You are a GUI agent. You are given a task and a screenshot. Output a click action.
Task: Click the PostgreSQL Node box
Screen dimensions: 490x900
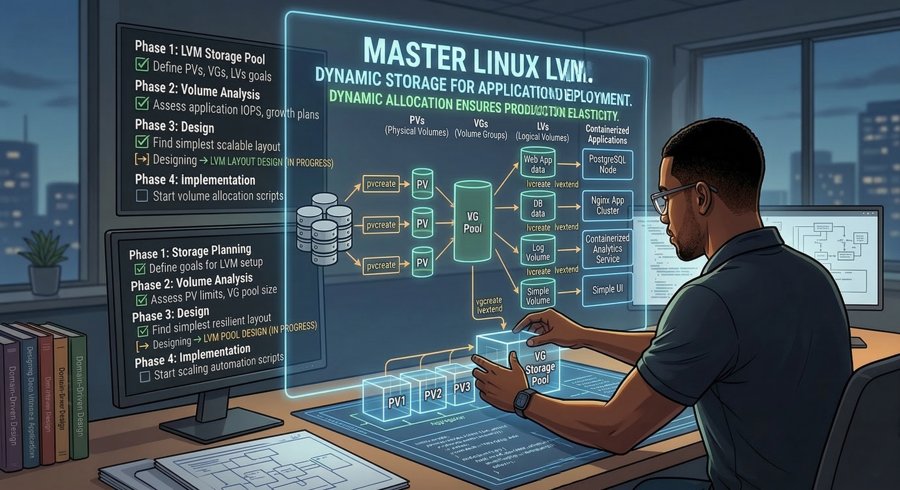tap(607, 165)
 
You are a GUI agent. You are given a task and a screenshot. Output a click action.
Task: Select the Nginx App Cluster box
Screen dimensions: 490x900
tap(607, 206)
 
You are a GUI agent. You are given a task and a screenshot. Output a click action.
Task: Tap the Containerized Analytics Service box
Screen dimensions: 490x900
tap(607, 249)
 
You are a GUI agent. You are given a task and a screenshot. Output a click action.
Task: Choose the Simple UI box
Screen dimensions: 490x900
tap(607, 290)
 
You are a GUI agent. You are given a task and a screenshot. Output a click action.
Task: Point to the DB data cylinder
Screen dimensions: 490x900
tap(538, 207)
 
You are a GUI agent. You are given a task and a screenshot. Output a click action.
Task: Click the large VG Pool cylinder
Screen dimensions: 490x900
tap(473, 222)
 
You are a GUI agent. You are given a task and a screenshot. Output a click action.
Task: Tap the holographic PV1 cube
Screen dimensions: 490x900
tap(386, 400)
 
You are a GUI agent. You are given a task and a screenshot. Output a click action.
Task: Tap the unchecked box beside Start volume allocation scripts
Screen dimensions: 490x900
tap(142, 196)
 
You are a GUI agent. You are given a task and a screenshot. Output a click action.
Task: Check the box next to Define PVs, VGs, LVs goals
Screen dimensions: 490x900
tap(142, 65)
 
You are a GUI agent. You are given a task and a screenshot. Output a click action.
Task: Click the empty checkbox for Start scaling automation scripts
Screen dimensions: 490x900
tap(145, 377)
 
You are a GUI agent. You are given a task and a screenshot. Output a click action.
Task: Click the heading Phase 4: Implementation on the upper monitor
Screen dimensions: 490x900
tap(195, 180)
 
